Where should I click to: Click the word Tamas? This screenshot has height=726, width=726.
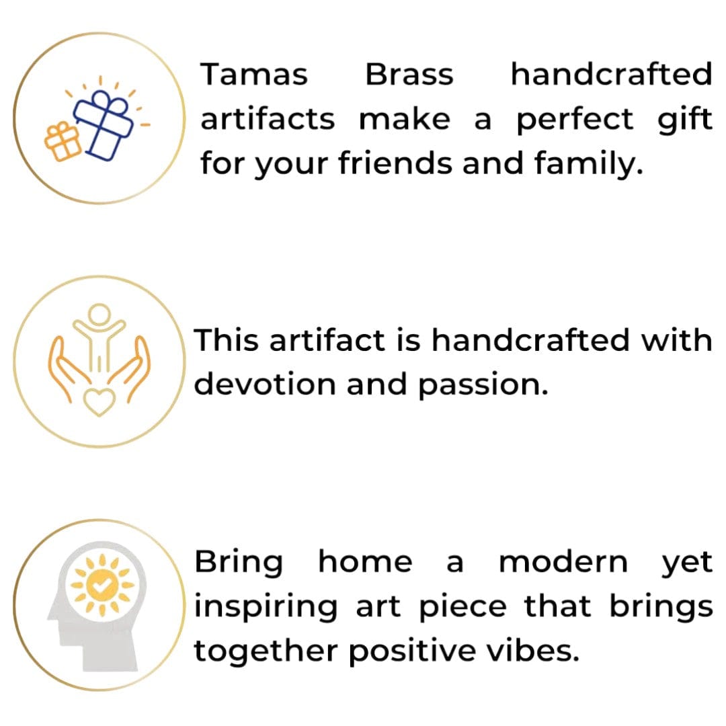(254, 74)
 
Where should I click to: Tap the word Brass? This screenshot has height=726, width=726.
(409, 74)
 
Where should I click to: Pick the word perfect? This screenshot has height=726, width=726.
(575, 120)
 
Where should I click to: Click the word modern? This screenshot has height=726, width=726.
(563, 562)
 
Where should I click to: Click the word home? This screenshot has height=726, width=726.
(365, 562)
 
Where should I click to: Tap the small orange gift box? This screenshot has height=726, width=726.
(62, 141)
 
